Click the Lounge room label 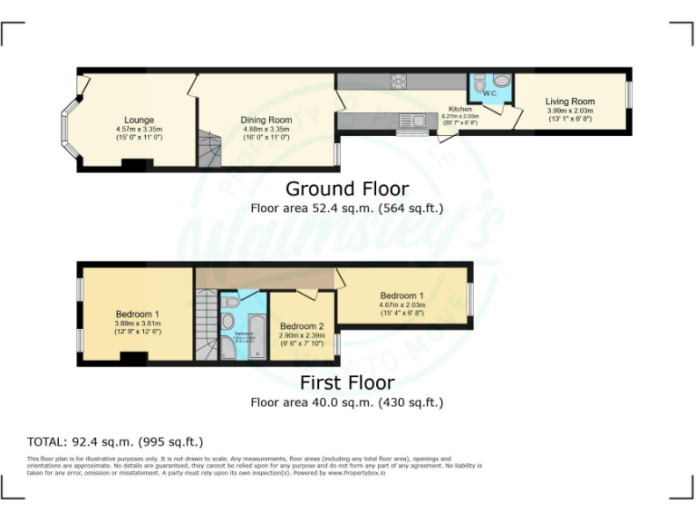pyautogui.click(x=139, y=120)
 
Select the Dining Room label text pyautogui.click(x=266, y=120)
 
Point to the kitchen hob pyautogui.click(x=397, y=82)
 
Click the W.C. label pyautogui.click(x=489, y=92)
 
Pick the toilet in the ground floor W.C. pyautogui.click(x=501, y=81)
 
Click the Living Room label pyautogui.click(x=569, y=101)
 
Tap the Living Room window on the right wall pyautogui.click(x=631, y=96)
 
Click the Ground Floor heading pyautogui.click(x=347, y=188)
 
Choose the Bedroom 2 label pyautogui.click(x=302, y=326)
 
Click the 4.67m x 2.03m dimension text pyautogui.click(x=401, y=305)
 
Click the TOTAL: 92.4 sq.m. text pyautogui.click(x=115, y=442)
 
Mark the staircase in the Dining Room pyautogui.click(x=208, y=148)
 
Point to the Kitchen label pyautogui.click(x=453, y=109)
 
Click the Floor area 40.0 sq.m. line pyautogui.click(x=347, y=402)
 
